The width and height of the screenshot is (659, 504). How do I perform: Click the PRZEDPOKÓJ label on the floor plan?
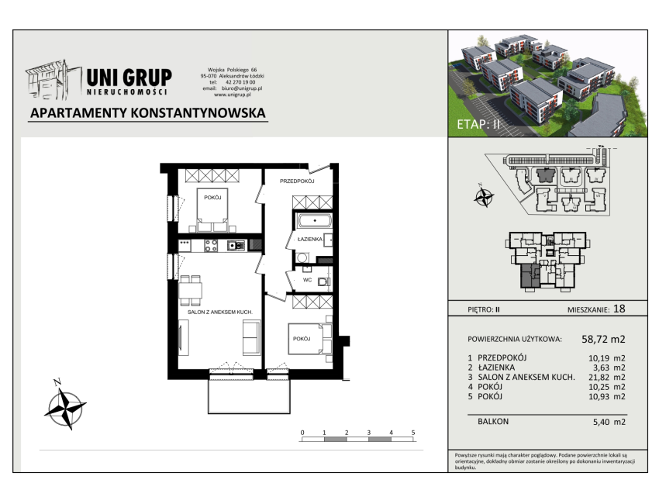(297, 181)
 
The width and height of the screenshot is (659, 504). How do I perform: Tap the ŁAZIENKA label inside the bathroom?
(310, 239)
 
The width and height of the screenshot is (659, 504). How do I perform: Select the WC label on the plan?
(307, 280)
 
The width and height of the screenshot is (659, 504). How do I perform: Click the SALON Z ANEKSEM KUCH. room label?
(220, 312)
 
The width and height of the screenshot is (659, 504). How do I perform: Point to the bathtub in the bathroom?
(314, 220)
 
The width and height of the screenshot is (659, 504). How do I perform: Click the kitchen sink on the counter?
(236, 245)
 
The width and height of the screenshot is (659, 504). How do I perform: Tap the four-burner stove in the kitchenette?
(211, 246)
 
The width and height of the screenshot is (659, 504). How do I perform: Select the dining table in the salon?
(191, 291)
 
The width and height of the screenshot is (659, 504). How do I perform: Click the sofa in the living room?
(251, 337)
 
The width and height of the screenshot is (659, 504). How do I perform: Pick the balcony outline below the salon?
(249, 413)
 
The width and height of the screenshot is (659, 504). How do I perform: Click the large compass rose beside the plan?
(66, 407)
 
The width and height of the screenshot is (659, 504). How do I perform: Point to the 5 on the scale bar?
(413, 433)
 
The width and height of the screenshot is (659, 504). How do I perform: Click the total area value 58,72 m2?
(603, 339)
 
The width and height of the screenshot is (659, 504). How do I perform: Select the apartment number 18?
(619, 309)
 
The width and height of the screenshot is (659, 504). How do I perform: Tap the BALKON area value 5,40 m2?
(609, 422)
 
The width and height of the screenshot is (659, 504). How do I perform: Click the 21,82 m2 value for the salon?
(606, 378)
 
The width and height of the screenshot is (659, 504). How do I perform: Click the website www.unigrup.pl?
(233, 95)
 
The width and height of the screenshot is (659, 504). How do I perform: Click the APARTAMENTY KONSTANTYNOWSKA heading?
(148, 113)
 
